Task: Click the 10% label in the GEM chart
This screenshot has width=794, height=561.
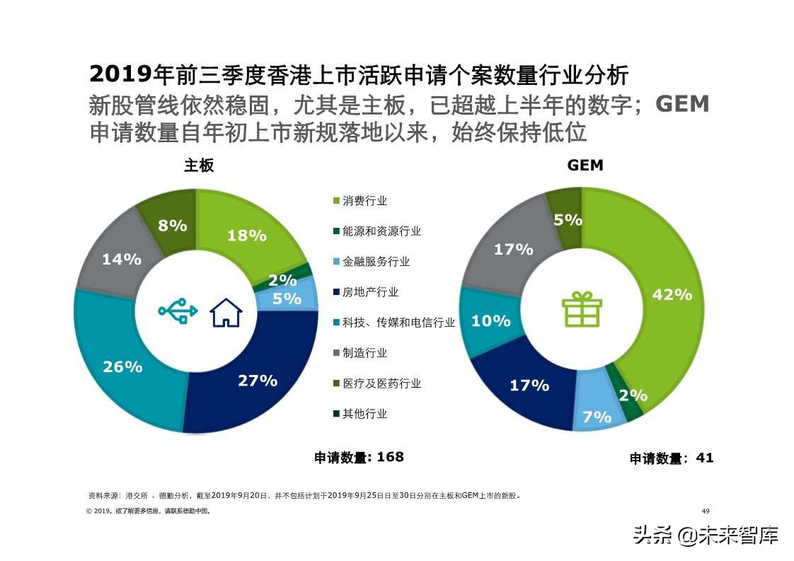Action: tap(490, 320)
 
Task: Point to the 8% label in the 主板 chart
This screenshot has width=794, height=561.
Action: tap(172, 226)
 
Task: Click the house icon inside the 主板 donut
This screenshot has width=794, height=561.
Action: tap(226, 313)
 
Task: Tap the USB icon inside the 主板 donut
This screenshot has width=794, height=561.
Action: tap(178, 312)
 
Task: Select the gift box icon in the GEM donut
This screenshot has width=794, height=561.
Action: tap(582, 309)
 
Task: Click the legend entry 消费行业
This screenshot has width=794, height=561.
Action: tap(364, 201)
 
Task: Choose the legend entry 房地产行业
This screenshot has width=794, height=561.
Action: tap(370, 292)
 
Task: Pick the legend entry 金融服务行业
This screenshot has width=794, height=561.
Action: tap(376, 262)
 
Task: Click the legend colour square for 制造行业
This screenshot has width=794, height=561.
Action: tap(337, 353)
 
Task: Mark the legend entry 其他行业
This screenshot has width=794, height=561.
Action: tap(364, 414)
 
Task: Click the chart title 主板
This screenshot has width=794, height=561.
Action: tap(199, 165)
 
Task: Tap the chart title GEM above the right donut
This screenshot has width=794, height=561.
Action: tap(585, 165)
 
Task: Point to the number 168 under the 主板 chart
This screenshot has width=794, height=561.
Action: tap(390, 457)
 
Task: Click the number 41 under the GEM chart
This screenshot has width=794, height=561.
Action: tap(705, 458)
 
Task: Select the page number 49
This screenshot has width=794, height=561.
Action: tap(705, 511)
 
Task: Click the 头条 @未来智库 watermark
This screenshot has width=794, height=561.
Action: tap(706, 535)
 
